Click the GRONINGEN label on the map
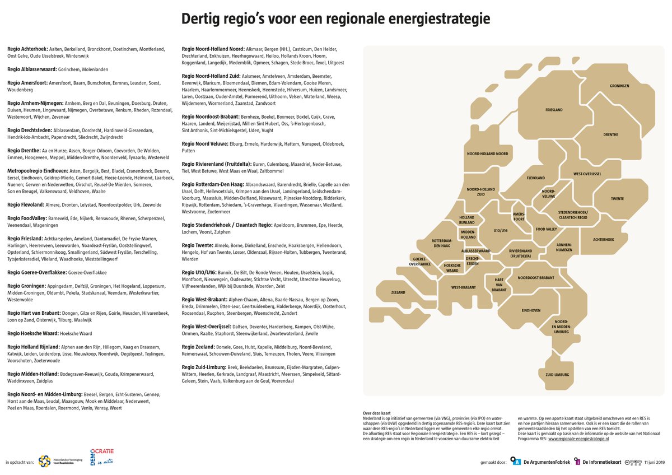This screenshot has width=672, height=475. tap(620, 86)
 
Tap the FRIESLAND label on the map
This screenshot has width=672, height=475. tap(554, 110)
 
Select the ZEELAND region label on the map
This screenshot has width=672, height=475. tap(398, 292)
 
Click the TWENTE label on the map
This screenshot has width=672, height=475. tap(617, 199)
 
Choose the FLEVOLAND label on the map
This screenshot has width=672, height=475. tap(536, 178)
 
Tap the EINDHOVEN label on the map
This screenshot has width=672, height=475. tap(531, 310)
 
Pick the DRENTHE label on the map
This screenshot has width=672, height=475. tap(611, 134)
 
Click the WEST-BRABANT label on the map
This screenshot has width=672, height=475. tap(464, 287)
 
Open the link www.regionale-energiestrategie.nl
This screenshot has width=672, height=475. tap(578, 439)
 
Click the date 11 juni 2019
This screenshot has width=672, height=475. tap(654, 462)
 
